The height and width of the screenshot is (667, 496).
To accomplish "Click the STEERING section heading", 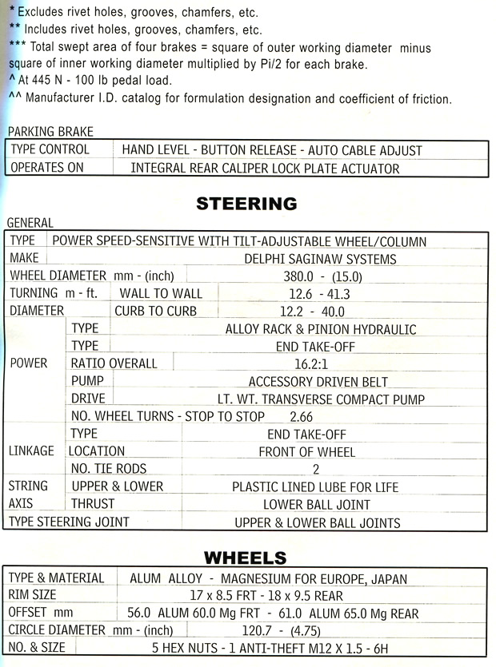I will point(246,204).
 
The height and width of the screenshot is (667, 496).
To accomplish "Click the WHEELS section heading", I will point(245,557).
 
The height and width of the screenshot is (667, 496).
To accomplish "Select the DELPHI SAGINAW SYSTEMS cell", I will point(319,259).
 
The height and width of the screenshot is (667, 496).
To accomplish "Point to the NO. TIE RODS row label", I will point(109,469).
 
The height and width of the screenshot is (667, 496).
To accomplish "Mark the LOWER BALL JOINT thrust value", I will point(317,504).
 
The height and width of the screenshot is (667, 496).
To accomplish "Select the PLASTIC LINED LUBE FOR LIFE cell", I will point(315,486).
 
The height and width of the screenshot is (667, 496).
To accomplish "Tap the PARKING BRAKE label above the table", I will point(50,132).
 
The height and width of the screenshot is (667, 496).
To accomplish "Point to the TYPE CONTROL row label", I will point(50,149).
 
